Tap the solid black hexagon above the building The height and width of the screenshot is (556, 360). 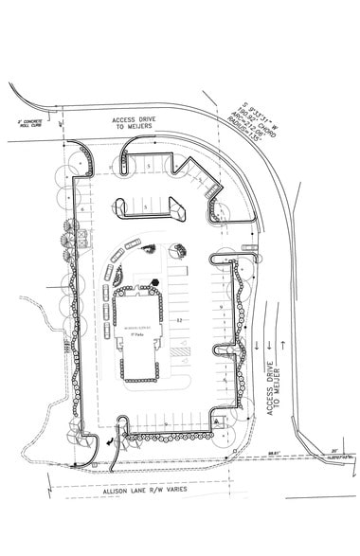click(152, 279)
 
